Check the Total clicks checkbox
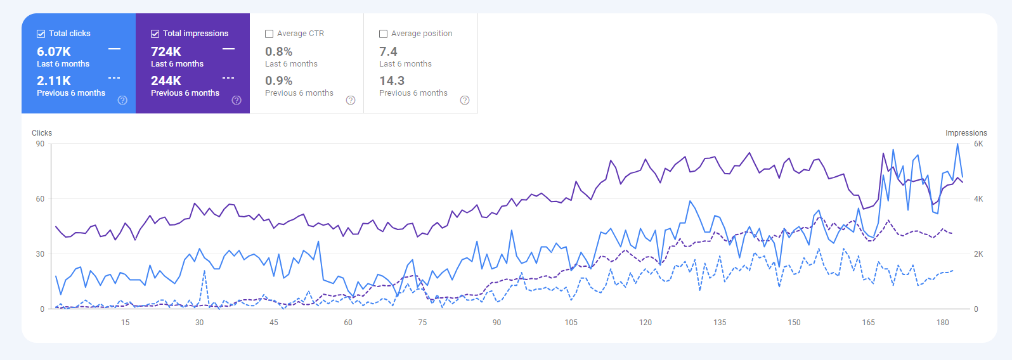(x=41, y=34)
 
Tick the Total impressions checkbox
(x=155, y=34)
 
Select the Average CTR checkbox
(x=269, y=34)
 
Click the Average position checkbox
(x=383, y=34)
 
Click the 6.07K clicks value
(x=54, y=51)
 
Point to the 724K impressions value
(x=166, y=51)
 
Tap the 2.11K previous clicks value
(x=54, y=80)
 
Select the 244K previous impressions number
(x=166, y=80)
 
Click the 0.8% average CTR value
(x=279, y=51)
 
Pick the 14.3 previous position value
(x=392, y=80)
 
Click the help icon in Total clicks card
(x=122, y=100)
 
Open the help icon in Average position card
(x=465, y=100)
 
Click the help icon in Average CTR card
(x=351, y=100)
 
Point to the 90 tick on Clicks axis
(x=40, y=144)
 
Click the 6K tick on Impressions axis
(x=978, y=144)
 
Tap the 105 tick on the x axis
(x=571, y=323)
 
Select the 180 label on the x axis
(x=943, y=323)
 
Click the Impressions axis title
(x=966, y=133)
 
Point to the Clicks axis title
(x=42, y=133)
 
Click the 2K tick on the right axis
(x=978, y=254)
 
